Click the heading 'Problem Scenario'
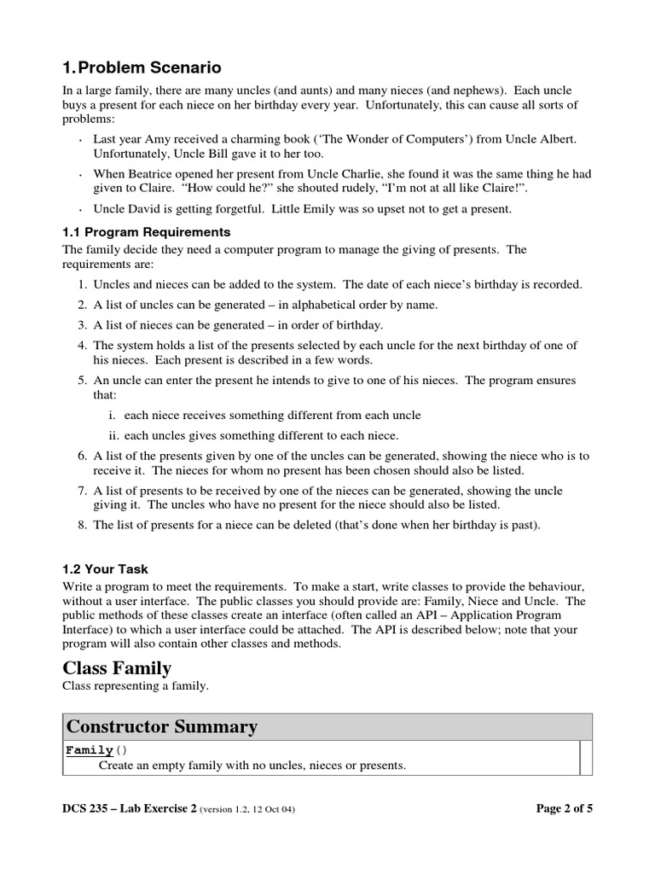click(x=149, y=67)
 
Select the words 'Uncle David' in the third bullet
click(x=126, y=209)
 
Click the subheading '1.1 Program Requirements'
click(x=147, y=231)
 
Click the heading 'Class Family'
click(x=118, y=667)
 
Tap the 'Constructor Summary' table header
click(x=162, y=726)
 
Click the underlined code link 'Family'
click(x=90, y=750)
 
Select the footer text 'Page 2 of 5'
click(x=559, y=807)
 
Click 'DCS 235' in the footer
click(x=89, y=807)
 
